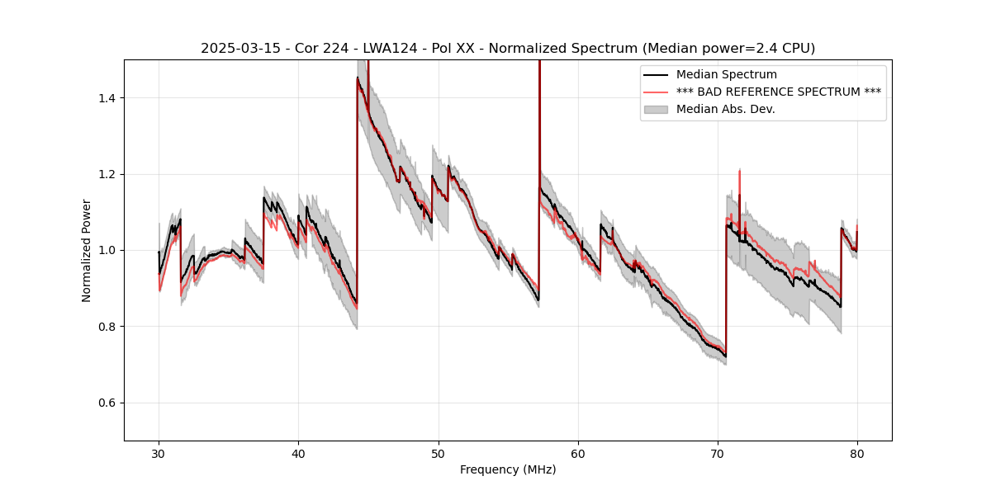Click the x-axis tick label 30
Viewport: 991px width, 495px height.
tap(159, 453)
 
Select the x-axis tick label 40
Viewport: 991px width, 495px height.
tap(298, 453)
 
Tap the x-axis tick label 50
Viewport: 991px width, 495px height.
tap(438, 453)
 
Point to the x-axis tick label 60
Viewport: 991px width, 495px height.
tap(578, 453)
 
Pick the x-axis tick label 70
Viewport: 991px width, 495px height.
tap(718, 453)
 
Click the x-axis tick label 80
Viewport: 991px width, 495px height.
tap(857, 453)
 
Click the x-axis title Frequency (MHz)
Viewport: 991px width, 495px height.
tap(508, 469)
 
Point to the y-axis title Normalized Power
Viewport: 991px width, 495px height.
tap(87, 250)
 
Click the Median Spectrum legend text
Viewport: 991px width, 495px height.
tap(726, 74)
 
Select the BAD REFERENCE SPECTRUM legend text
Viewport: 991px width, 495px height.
tap(778, 92)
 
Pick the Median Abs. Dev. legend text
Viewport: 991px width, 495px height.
tap(725, 109)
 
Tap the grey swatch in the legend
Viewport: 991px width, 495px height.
tap(657, 109)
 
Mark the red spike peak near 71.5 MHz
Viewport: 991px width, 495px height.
tap(740, 171)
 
